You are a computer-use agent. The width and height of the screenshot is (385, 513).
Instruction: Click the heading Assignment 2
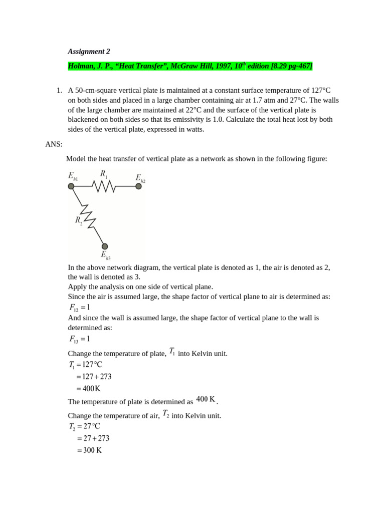89,51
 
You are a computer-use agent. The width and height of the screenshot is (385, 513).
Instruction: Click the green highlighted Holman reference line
190,66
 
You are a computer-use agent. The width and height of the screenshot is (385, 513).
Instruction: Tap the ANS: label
54,144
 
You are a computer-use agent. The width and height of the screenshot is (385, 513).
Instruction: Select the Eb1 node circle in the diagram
71,186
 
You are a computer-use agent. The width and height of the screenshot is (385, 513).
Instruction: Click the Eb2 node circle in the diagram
138,186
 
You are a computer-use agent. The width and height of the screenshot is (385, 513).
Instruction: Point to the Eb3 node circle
105,246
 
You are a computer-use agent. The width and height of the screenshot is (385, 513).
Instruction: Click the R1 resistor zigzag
104,186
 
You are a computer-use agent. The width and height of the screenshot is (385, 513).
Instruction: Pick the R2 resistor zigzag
88,216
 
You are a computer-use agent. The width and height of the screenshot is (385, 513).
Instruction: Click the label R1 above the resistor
104,173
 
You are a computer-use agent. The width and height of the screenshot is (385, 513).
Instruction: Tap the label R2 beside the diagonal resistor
79,220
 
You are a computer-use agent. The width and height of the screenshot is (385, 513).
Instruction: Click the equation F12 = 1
80,308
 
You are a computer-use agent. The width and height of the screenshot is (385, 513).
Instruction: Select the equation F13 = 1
80,340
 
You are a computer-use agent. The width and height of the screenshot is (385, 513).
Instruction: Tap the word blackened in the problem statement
84,119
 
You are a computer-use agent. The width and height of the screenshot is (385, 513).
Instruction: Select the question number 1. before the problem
59,91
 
